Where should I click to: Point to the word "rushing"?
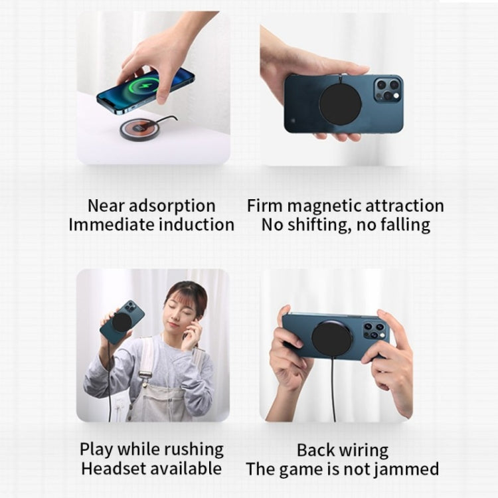[190, 450]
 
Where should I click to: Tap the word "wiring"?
[363, 450]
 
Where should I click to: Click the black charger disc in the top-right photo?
[341, 104]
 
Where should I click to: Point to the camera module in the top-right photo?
[387, 90]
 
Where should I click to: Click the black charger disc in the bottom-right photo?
[332, 339]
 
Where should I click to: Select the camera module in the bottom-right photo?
[374, 331]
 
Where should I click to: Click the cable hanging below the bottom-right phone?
[333, 392]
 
